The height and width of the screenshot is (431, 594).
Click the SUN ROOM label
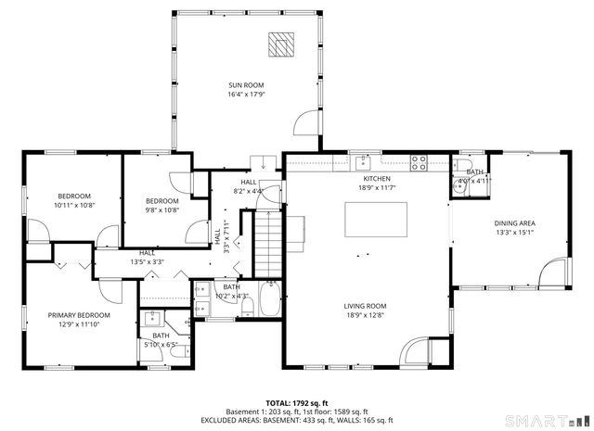[x=247, y=85]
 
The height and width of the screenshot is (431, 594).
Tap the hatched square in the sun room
[x=279, y=44]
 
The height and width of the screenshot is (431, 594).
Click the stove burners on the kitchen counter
[x=419, y=163]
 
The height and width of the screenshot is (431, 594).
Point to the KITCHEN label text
[x=376, y=178]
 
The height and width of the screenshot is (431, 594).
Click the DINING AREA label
[x=514, y=223]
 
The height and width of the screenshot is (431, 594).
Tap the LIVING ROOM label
[x=367, y=306]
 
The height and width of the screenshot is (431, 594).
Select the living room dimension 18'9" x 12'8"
[x=367, y=315]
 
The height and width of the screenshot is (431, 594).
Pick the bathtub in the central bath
[x=270, y=299]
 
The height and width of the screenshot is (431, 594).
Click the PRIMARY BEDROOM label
[x=79, y=315]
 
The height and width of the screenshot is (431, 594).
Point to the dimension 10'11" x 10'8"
[x=74, y=205]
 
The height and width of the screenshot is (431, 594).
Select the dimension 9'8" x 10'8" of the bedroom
[x=161, y=209]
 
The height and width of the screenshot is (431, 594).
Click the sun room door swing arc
[x=306, y=124]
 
